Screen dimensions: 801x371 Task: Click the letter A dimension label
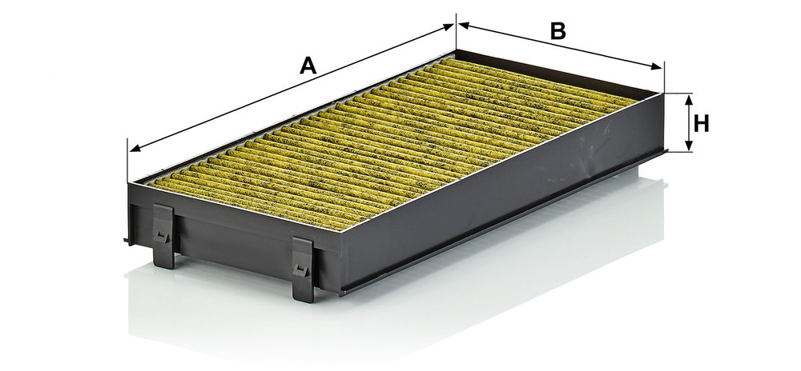(x=308, y=66)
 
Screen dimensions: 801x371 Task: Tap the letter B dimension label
(x=557, y=32)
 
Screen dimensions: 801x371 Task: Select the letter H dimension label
(x=702, y=123)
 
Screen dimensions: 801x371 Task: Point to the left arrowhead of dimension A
(x=135, y=148)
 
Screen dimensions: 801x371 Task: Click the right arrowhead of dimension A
(x=449, y=26)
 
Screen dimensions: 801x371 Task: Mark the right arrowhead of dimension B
(x=657, y=66)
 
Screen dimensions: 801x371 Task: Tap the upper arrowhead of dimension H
(x=689, y=100)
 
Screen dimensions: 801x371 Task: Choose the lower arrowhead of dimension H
(x=689, y=146)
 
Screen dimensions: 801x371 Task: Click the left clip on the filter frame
(x=163, y=236)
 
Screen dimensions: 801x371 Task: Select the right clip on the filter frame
(x=303, y=269)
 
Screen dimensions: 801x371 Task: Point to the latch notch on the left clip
(x=163, y=236)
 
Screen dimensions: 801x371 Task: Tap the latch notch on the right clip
(x=301, y=270)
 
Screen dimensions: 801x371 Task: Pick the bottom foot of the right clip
(x=304, y=294)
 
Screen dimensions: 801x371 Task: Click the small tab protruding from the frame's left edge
(x=127, y=240)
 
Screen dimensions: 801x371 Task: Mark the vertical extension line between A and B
(x=457, y=32)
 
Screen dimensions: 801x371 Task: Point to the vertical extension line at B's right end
(x=664, y=77)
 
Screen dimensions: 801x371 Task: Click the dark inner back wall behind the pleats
(x=557, y=71)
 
